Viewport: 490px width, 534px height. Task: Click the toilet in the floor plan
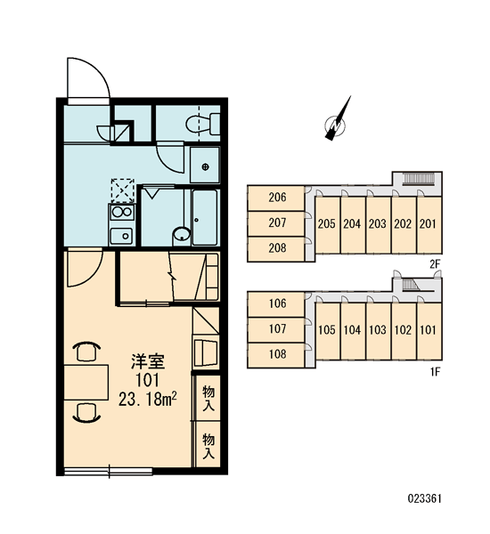click(x=203, y=124)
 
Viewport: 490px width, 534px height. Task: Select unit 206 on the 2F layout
click(x=277, y=198)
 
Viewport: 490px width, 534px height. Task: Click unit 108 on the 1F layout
click(x=277, y=354)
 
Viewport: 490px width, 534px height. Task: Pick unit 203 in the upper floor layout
click(x=378, y=224)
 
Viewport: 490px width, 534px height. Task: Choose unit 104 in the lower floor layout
click(x=352, y=330)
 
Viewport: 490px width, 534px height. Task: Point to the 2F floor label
click(x=435, y=264)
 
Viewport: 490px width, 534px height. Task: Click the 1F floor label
click(x=436, y=372)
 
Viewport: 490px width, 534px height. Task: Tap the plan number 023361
click(x=425, y=499)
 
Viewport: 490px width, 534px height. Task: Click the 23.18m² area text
click(x=147, y=399)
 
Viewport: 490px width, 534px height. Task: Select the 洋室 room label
click(x=148, y=361)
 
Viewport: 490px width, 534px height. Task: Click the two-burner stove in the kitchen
click(x=122, y=212)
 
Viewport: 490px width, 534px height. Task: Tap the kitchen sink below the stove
click(x=121, y=236)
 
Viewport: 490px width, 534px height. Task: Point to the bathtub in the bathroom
click(x=205, y=217)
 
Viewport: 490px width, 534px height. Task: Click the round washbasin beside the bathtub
click(x=182, y=235)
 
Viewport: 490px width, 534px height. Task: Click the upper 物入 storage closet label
click(x=208, y=398)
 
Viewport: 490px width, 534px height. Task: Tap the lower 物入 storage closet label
click(x=208, y=446)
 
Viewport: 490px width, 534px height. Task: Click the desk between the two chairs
click(x=86, y=383)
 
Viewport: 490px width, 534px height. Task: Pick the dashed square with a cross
click(x=122, y=190)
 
